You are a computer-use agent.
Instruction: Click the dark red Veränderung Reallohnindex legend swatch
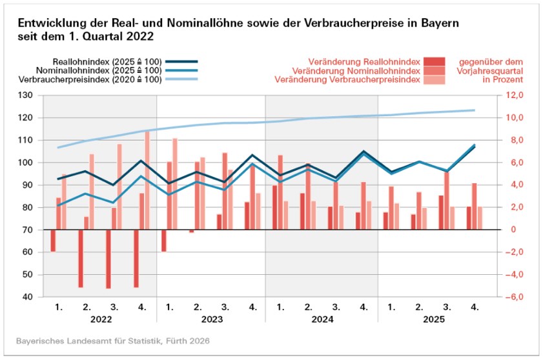435,61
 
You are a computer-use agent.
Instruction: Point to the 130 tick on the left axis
26,95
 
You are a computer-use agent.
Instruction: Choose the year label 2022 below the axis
101,319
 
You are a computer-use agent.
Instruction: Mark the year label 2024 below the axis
322,319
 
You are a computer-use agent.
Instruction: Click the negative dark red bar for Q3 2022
108,259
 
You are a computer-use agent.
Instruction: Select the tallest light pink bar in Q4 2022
147,180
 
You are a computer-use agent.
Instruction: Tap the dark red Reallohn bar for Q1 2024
274,207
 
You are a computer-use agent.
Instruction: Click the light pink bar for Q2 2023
202,193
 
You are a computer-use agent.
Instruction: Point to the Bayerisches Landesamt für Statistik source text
113,340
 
